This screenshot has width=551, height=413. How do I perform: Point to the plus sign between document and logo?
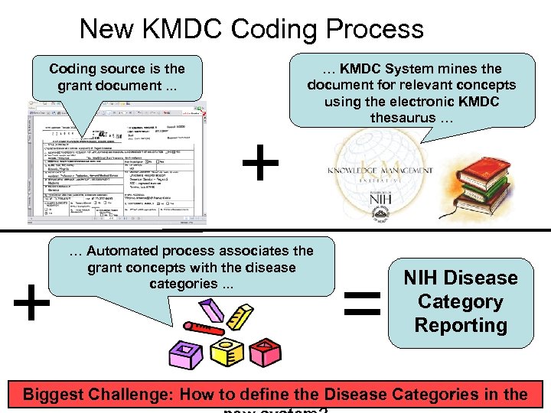point(261,165)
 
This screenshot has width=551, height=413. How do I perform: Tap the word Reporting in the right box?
point(460,325)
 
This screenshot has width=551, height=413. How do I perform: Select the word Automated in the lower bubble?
point(127,251)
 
